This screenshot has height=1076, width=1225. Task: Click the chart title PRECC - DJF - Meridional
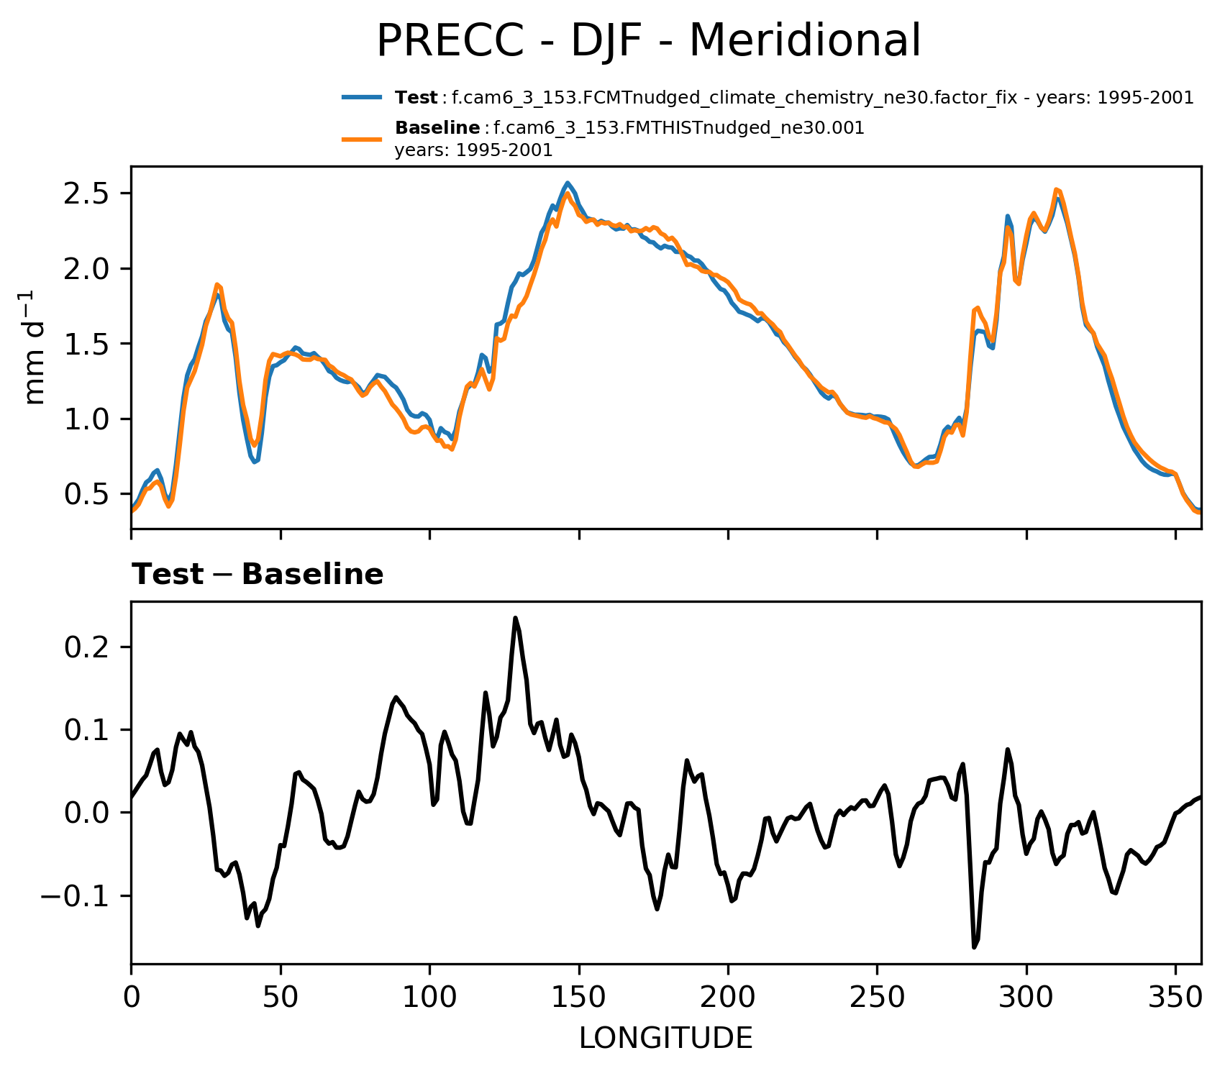coord(648,41)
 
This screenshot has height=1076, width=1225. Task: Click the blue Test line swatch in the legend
coord(362,98)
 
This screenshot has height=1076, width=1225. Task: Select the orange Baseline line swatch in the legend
coord(362,139)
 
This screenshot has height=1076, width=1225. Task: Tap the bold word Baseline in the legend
coord(437,129)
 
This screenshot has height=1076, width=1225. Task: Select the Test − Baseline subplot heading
coord(258,575)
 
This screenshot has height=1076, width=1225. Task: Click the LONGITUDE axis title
coord(665,1039)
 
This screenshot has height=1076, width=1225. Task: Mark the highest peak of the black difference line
coord(516,618)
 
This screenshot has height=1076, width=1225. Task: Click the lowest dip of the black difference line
coord(975,947)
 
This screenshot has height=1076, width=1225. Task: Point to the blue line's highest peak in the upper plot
coord(568,183)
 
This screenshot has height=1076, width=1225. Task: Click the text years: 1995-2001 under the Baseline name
coord(473,151)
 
